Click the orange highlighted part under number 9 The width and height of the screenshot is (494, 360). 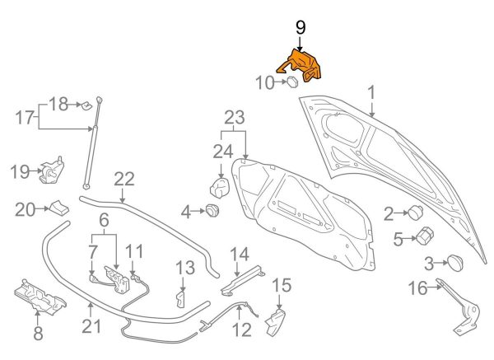coord(301,65)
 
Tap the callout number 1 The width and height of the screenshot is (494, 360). coord(370,92)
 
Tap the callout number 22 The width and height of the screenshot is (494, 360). coord(123,179)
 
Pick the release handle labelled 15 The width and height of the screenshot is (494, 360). coord(276,320)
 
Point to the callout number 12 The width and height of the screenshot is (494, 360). coord(240,332)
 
